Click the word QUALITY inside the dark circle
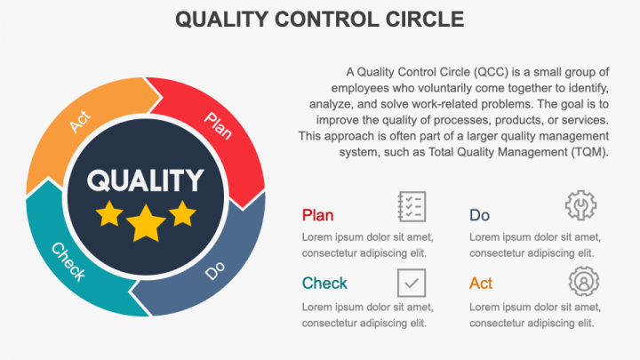(x=145, y=180)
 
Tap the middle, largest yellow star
(x=146, y=223)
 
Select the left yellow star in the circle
(x=109, y=213)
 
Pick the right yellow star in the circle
(x=182, y=213)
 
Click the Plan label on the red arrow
(x=218, y=125)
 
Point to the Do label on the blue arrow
(x=215, y=270)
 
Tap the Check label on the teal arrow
(x=68, y=261)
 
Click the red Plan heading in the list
(x=318, y=215)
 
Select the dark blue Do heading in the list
(x=479, y=215)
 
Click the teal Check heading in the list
(x=324, y=284)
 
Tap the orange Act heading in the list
(x=481, y=284)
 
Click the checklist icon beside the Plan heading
(x=412, y=206)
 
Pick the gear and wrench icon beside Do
(x=580, y=206)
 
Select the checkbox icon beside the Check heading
(x=412, y=283)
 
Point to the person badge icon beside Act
(x=583, y=282)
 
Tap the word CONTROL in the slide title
(x=315, y=19)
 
